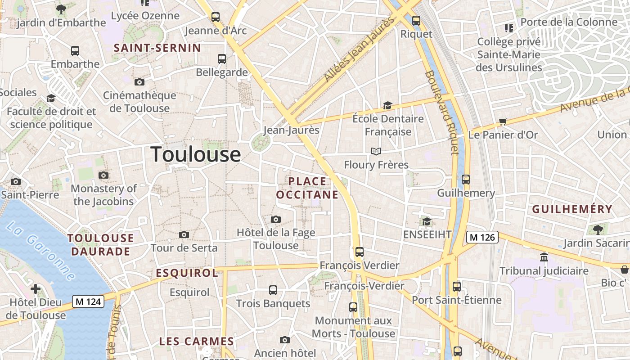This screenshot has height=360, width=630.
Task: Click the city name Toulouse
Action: pos(195,154)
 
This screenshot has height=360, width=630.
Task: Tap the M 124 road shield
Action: pos(88,301)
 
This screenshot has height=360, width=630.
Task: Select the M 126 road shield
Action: pos(482,237)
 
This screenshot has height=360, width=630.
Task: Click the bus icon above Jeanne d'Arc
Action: pos(216,17)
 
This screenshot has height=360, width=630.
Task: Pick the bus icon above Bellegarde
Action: pos(221,58)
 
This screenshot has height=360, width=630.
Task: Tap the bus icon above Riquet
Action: pos(416,20)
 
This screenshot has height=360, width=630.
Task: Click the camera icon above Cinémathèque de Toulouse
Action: pos(139,82)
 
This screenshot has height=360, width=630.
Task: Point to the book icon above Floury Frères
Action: pos(376,151)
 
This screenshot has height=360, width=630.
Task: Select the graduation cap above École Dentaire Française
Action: pos(387,106)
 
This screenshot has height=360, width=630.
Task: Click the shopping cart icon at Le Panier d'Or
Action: pos(503,121)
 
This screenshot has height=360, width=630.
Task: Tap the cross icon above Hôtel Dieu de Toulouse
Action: pos(36,288)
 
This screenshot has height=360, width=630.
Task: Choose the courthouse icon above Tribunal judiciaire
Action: pos(544,257)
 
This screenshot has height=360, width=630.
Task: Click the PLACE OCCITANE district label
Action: pos(307,188)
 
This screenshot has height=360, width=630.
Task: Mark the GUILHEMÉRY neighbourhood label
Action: pos(572,209)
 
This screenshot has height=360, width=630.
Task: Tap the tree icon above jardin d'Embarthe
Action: pos(61,9)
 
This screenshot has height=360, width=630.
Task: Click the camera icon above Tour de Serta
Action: pos(184,234)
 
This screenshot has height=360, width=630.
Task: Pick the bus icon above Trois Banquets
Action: pos(273,290)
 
